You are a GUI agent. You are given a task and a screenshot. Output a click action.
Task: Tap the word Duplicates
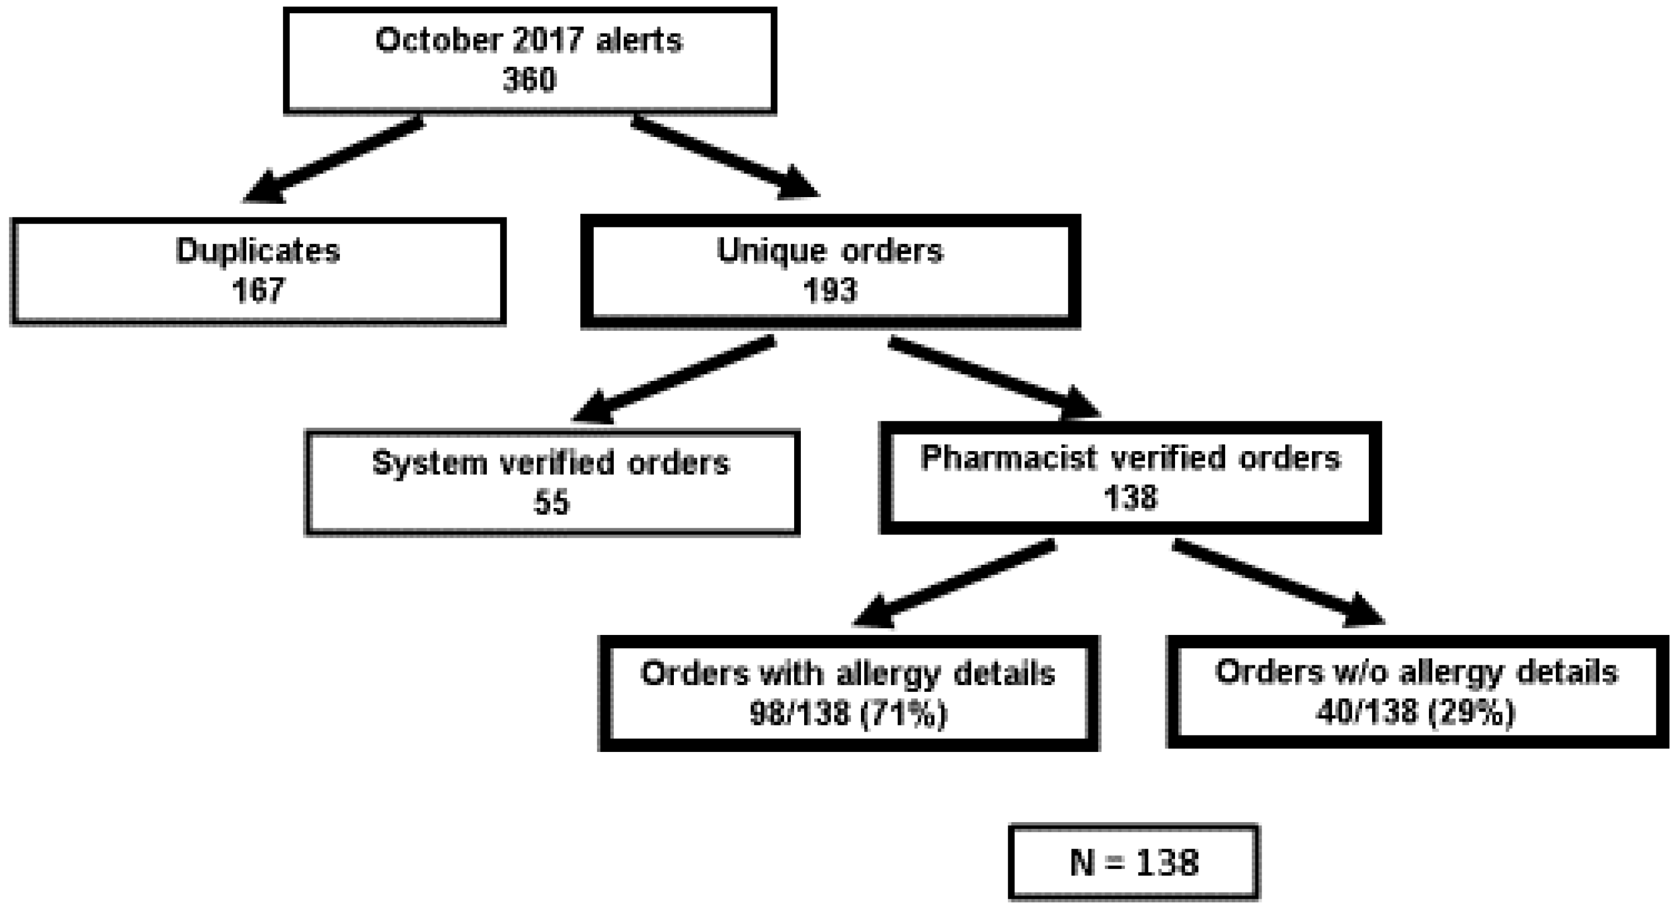(258, 251)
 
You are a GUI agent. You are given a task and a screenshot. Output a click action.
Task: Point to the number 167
(258, 290)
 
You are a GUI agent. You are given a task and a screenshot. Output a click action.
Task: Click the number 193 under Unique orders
(830, 290)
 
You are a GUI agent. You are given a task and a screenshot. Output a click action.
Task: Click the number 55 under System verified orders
(552, 502)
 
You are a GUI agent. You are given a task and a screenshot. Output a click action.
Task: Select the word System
(430, 463)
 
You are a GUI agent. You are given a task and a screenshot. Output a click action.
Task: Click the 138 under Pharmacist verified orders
(1130, 498)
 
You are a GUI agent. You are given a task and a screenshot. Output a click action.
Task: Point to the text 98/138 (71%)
(848, 713)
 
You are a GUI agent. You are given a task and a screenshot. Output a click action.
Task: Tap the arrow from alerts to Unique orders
(724, 157)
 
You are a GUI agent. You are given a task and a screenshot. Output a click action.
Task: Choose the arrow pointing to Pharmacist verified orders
(995, 379)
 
